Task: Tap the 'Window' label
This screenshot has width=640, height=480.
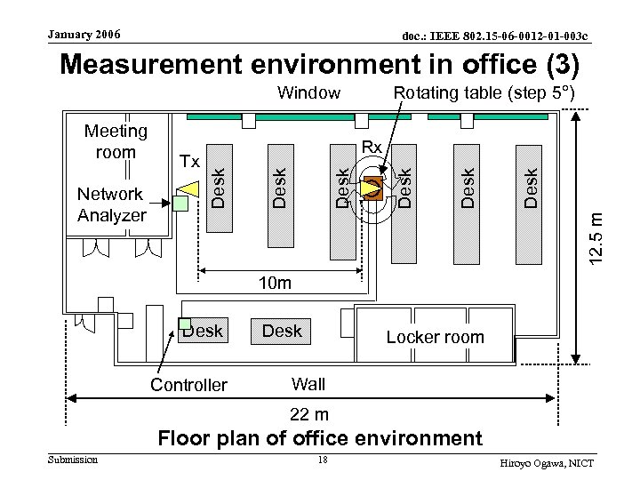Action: click(x=308, y=92)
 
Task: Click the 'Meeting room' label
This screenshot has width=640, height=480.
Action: click(x=115, y=141)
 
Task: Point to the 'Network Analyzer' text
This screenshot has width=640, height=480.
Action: click(x=110, y=204)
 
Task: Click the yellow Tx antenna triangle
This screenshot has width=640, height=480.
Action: click(x=188, y=187)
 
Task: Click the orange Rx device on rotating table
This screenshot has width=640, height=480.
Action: click(x=373, y=188)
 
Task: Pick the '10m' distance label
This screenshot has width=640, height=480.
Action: click(x=273, y=284)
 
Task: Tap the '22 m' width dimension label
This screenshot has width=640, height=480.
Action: click(x=309, y=414)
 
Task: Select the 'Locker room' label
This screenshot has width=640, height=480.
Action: click(x=436, y=337)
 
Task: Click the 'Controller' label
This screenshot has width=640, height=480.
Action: click(x=188, y=386)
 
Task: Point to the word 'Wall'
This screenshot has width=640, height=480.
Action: click(x=308, y=384)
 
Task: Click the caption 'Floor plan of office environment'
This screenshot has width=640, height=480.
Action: click(x=319, y=438)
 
